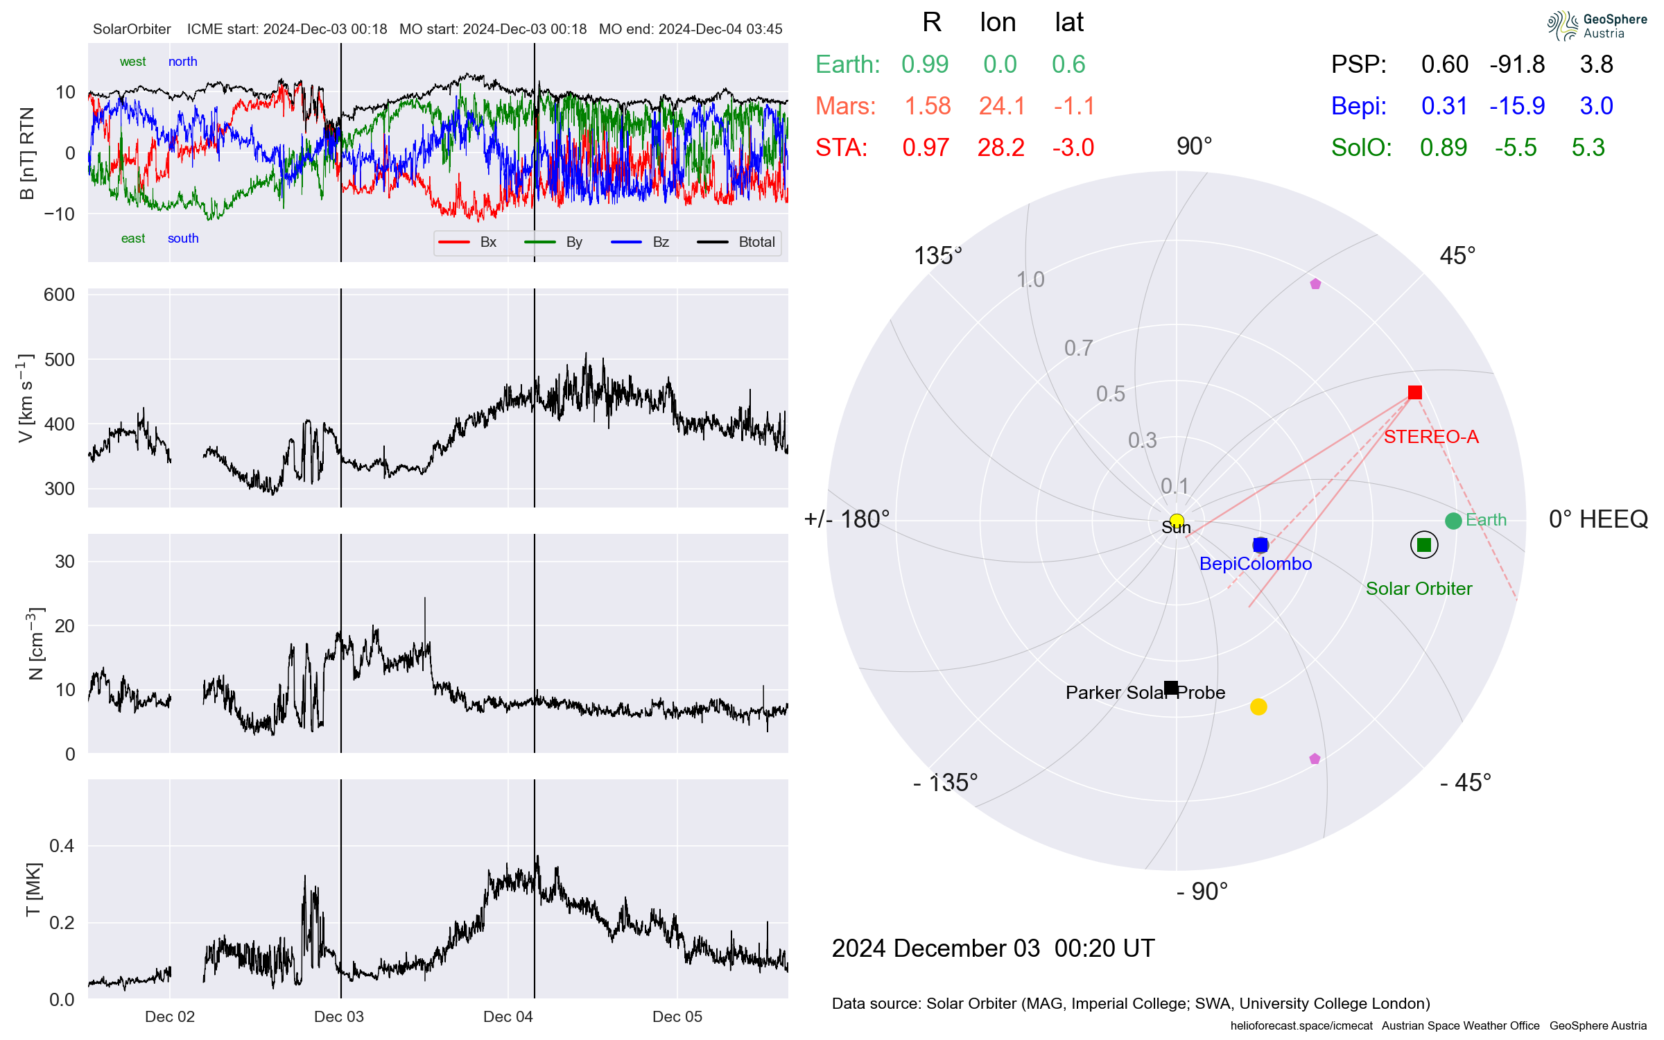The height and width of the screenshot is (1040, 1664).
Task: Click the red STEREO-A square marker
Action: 1415,392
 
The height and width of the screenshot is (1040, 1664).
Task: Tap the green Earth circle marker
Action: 1453,521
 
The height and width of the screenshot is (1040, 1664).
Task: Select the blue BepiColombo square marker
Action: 1260,545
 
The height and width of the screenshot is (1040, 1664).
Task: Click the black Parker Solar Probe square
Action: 1171,688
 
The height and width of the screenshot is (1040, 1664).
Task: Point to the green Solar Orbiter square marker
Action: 1424,545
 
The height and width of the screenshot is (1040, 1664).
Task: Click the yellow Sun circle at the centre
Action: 1177,521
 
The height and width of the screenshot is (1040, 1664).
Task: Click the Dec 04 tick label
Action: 508,1016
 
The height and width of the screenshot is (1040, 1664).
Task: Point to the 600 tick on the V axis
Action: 59,295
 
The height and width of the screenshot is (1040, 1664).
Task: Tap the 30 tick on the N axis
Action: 64,562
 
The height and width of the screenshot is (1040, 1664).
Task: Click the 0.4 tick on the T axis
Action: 62,846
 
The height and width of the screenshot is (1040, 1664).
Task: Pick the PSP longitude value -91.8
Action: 1517,64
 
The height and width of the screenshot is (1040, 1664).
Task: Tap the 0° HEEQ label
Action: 1597,519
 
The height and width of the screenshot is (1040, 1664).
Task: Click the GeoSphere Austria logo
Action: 1597,26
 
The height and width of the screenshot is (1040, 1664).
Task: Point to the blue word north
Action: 182,62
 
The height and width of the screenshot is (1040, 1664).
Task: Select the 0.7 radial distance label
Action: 1078,348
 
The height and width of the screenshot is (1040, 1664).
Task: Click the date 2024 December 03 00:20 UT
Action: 993,948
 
